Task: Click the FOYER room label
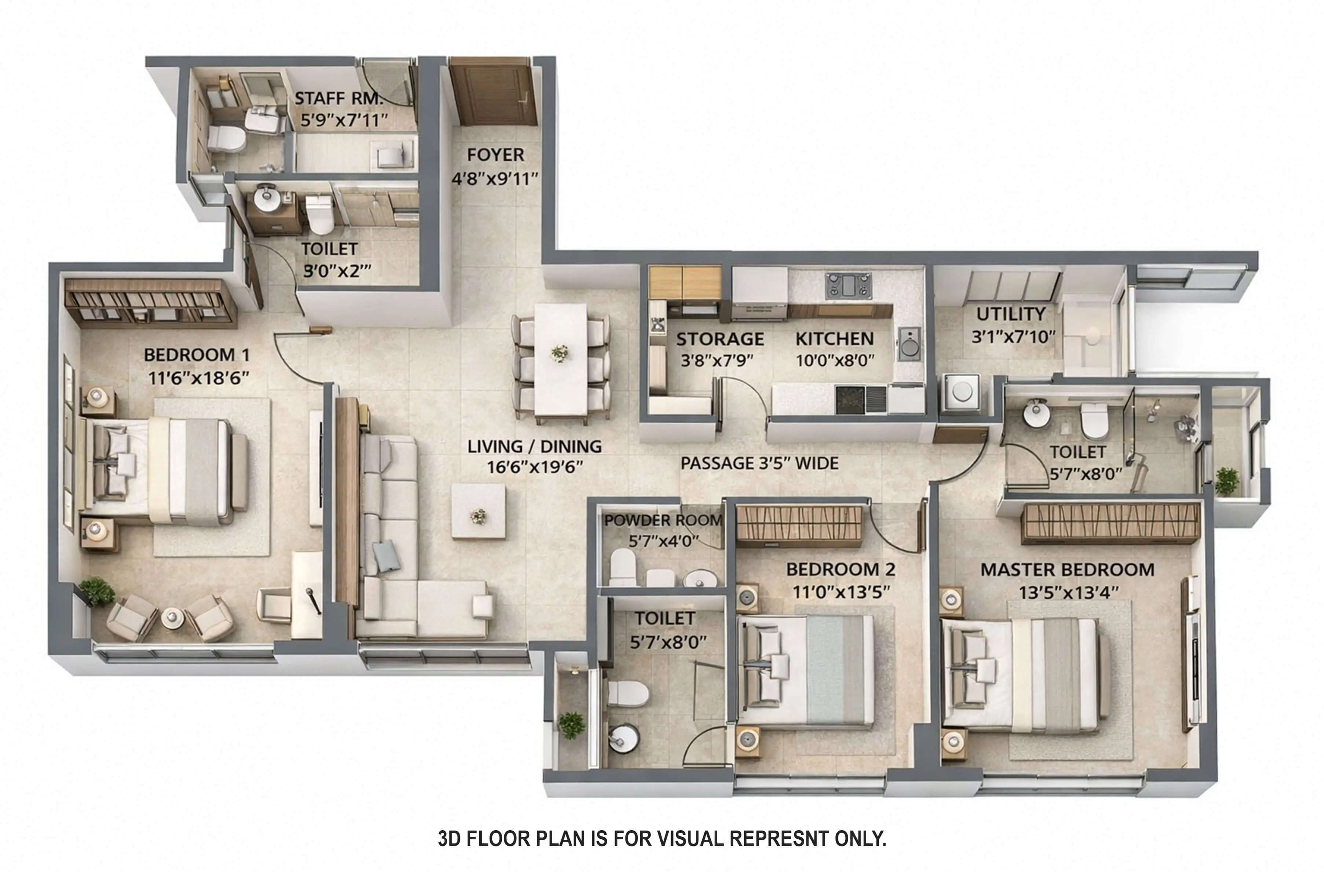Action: pyautogui.click(x=495, y=154)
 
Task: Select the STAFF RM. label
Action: pyautogui.click(x=338, y=98)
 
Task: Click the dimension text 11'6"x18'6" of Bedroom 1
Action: pyautogui.click(x=198, y=378)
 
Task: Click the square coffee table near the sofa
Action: pyautogui.click(x=478, y=511)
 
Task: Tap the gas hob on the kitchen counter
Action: pyautogui.click(x=848, y=285)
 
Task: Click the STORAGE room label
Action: pyautogui.click(x=719, y=339)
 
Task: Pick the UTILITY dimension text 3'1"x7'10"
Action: pyautogui.click(x=1013, y=336)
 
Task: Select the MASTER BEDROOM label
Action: pyautogui.click(x=1067, y=569)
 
